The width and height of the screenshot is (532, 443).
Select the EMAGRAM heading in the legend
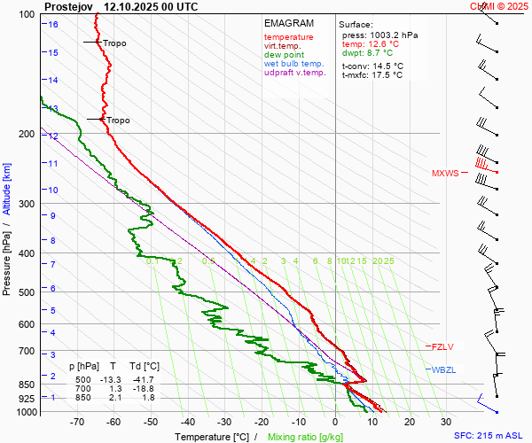[x=288, y=23]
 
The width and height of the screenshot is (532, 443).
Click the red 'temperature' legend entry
[x=288, y=37]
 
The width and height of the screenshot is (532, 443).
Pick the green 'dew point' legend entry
[x=283, y=55]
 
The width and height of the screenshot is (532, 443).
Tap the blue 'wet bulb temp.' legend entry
[x=293, y=64]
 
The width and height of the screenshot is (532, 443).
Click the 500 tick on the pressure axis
[x=27, y=292]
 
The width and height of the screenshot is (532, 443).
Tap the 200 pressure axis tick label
[x=27, y=134]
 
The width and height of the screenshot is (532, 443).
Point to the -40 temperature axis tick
[x=187, y=423]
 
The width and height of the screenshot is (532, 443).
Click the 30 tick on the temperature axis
[x=446, y=423]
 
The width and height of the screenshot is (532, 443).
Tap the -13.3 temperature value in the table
[x=113, y=379]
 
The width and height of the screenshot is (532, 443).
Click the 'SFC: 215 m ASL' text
[x=489, y=436]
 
